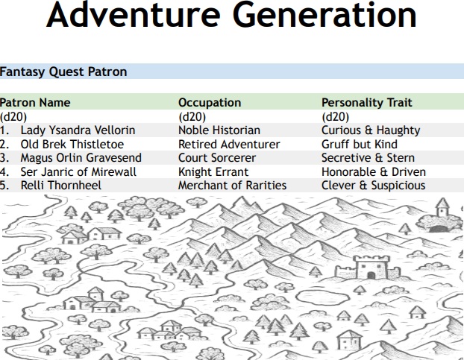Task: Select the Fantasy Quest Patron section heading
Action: point(63,72)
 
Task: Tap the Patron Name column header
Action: point(35,102)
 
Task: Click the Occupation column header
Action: point(210,102)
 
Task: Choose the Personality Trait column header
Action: point(366,102)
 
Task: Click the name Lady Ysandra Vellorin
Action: point(78,130)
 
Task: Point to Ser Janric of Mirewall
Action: point(78,171)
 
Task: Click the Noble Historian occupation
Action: point(219,130)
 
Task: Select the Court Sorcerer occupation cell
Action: point(217,158)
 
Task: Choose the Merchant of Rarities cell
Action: point(232,186)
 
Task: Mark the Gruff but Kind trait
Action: point(360,144)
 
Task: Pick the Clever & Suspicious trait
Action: point(374,186)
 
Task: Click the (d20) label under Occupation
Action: point(192,117)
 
